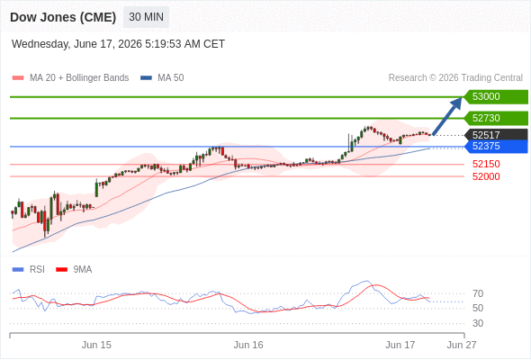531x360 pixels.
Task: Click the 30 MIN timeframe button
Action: click(x=146, y=17)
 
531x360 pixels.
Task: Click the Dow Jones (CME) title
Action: click(x=63, y=17)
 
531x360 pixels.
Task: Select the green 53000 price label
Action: click(x=496, y=97)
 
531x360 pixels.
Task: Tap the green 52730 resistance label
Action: click(x=496, y=118)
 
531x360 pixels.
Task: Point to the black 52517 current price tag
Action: click(x=496, y=135)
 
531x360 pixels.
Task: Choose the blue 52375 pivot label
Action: click(x=496, y=147)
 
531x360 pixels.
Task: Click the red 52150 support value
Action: click(x=486, y=165)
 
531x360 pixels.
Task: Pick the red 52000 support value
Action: click(x=486, y=176)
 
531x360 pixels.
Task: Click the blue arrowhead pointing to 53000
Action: click(x=456, y=103)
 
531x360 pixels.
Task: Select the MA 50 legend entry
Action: click(x=162, y=78)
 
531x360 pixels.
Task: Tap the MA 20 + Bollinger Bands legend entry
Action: click(x=70, y=78)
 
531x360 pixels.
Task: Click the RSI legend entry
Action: click(x=29, y=270)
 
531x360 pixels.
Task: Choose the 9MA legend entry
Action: click(x=74, y=270)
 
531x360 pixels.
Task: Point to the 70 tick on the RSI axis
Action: click(x=478, y=293)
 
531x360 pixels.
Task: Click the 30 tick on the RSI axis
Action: click(x=478, y=323)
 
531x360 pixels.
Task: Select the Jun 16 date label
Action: click(x=248, y=345)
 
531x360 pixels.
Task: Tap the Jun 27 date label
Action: click(x=462, y=345)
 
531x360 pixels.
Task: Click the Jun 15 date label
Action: click(x=96, y=345)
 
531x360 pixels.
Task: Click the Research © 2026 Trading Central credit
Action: click(x=455, y=78)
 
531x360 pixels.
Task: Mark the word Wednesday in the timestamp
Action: click(x=41, y=44)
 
